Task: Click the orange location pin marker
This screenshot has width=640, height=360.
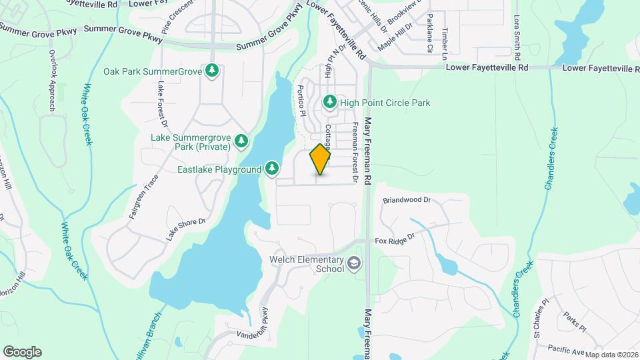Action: pyautogui.click(x=320, y=159)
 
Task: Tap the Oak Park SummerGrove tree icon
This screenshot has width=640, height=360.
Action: pyautogui.click(x=212, y=70)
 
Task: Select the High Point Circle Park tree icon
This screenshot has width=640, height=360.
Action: pyautogui.click(x=329, y=102)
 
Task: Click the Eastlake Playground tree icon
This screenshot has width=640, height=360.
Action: pyautogui.click(x=271, y=169)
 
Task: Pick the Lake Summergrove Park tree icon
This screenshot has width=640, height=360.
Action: pyautogui.click(x=241, y=141)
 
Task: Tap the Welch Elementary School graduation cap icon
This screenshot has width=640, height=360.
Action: pyautogui.click(x=353, y=265)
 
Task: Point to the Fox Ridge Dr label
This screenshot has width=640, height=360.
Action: pyautogui.click(x=395, y=239)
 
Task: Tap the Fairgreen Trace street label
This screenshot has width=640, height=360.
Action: pyautogui.click(x=142, y=199)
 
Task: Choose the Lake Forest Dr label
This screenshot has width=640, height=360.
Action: pyautogui.click(x=161, y=105)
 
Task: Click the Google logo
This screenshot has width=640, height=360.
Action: pyautogui.click(x=22, y=351)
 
